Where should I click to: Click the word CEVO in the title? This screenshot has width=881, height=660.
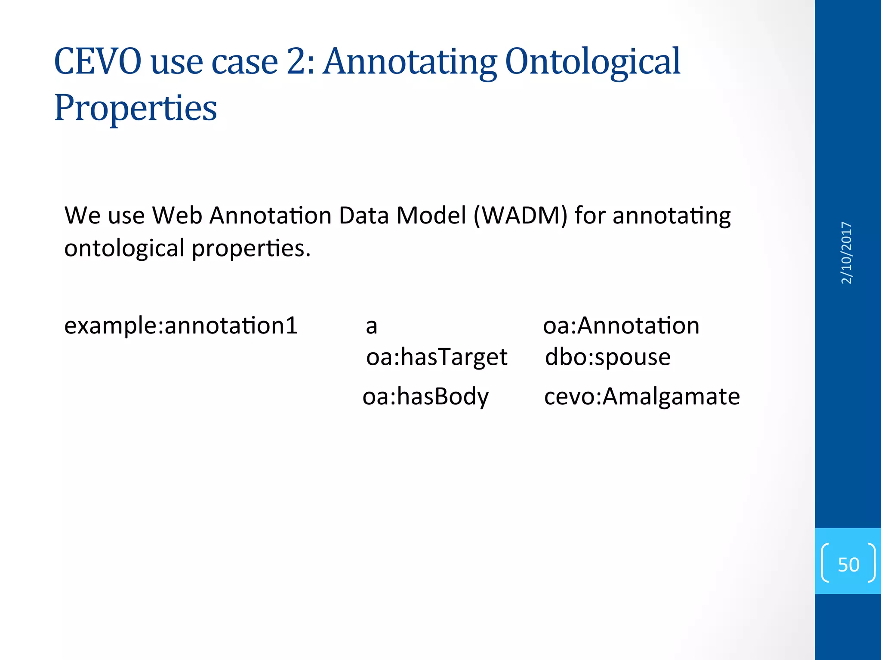pos(98,62)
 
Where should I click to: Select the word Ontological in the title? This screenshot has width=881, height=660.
pos(592,62)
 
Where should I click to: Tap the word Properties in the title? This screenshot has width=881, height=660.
pos(136,108)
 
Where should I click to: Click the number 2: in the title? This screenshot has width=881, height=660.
pos(301,62)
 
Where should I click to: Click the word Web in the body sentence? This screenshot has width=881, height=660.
pos(177,215)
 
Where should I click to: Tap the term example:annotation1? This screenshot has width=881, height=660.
pos(181,325)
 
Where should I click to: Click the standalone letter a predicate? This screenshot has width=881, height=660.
pos(372,327)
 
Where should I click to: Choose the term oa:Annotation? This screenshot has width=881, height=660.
pos(621,325)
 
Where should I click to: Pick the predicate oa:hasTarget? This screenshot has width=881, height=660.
pos(437,357)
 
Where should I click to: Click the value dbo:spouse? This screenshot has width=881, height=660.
pos(607,357)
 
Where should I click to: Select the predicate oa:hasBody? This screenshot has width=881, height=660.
pos(425,396)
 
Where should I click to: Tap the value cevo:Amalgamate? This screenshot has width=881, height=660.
pos(642,396)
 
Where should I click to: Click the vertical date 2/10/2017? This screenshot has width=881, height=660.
pos(846,253)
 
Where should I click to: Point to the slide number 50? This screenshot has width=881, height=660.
pos(848,564)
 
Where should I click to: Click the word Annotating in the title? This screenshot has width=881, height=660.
pos(410,62)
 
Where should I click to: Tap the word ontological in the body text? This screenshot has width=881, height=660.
pos(124,248)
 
